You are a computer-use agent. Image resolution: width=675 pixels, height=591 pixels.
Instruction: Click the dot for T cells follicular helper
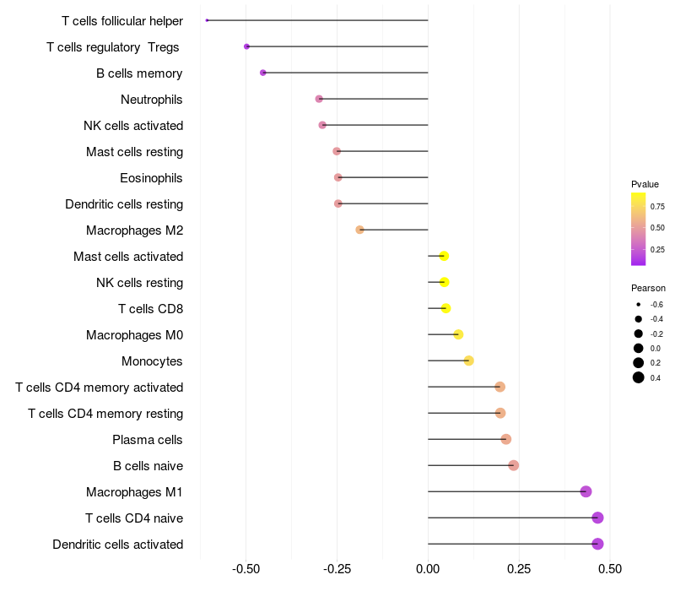207,20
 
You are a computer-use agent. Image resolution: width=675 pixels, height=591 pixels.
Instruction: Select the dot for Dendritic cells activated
597,544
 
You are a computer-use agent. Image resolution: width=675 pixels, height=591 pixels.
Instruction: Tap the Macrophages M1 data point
586,491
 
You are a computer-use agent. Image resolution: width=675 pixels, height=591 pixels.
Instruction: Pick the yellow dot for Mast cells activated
444,256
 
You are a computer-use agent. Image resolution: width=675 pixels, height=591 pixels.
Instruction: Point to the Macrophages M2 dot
359,230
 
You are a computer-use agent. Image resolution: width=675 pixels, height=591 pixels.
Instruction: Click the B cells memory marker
262,73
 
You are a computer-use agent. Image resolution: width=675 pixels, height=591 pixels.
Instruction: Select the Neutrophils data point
319,99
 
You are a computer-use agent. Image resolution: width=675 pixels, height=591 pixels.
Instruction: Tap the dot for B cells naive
513,465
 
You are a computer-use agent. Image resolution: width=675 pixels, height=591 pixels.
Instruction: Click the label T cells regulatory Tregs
115,46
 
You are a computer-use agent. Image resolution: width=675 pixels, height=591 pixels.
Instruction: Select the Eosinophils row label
152,178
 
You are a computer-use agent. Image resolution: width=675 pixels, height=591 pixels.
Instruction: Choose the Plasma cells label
148,440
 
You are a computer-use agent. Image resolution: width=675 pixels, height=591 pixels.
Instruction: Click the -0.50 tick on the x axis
246,569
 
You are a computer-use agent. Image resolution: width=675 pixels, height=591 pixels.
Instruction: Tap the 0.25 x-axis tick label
519,569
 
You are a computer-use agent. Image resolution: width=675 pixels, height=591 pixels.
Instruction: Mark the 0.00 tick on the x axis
428,569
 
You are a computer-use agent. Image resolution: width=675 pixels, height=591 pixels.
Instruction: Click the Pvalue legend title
645,184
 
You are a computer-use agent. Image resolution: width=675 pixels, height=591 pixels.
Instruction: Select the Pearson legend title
648,288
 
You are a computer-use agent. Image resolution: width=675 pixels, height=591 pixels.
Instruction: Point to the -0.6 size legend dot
639,304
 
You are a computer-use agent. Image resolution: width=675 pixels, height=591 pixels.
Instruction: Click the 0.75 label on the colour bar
657,206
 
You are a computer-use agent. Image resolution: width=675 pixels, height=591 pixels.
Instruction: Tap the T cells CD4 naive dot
597,518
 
